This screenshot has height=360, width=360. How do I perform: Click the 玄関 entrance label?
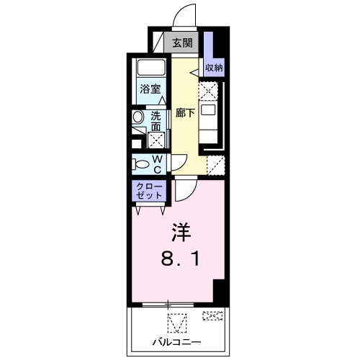pyautogui.click(x=181, y=43)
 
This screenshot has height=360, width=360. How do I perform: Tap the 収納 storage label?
pyautogui.click(x=214, y=68)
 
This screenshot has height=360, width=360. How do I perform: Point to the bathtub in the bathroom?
pyautogui.click(x=151, y=71)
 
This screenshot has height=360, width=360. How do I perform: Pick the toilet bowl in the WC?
pyautogui.click(x=140, y=164)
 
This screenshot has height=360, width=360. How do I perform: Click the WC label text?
pyautogui.click(x=157, y=163)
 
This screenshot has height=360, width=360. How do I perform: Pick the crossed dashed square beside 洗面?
pyautogui.click(x=156, y=138)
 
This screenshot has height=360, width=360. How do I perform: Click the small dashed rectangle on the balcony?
pyautogui.click(x=212, y=315)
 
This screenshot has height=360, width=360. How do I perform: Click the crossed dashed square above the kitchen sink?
pyautogui.click(x=208, y=91)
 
